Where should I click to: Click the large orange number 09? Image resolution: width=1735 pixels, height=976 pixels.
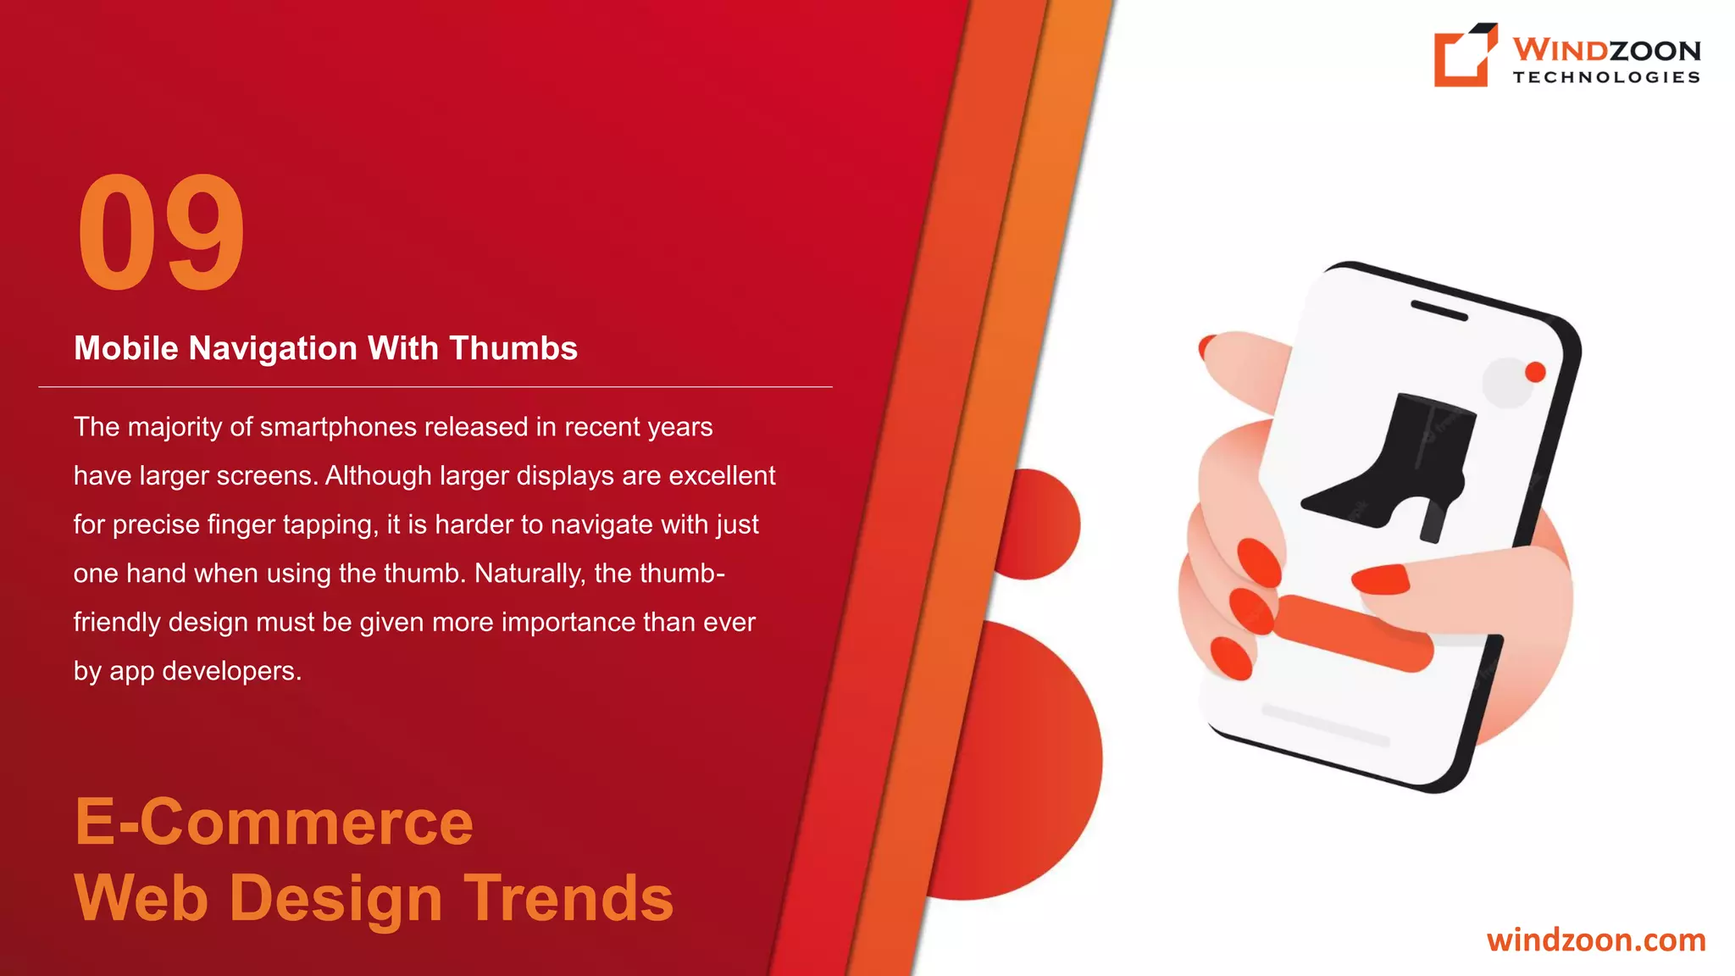(x=161, y=232)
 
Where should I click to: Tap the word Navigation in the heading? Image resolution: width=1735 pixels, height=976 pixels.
(x=273, y=349)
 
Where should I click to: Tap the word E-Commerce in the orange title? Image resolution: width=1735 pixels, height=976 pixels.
(x=274, y=822)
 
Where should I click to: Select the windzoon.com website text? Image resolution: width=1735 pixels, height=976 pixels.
(x=1596, y=940)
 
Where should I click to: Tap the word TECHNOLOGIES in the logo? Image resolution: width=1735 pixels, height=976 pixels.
(x=1606, y=77)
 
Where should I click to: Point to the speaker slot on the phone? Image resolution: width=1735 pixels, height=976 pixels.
(x=1438, y=310)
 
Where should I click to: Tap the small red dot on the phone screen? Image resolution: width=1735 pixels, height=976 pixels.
(x=1535, y=372)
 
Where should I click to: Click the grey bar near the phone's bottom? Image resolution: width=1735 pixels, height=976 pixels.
(x=1326, y=725)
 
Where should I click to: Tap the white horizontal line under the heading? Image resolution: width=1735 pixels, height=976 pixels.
(x=435, y=387)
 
